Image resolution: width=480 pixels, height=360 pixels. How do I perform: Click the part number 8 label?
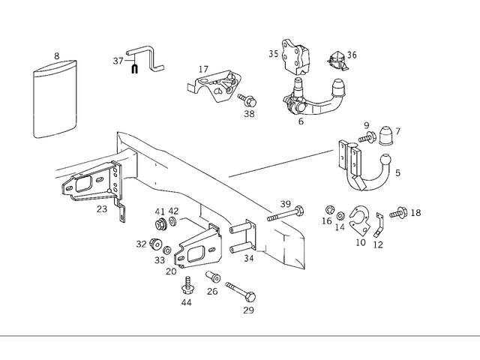(x=56, y=56)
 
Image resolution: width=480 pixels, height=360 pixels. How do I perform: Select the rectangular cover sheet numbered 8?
(x=56, y=101)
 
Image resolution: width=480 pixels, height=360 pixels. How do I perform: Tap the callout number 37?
(x=118, y=61)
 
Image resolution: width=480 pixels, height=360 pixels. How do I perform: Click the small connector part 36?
(x=337, y=57)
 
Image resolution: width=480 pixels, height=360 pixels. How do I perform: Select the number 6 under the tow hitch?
(x=301, y=121)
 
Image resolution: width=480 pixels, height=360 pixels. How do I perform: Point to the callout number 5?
(x=397, y=173)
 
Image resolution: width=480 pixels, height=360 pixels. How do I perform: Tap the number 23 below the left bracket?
(x=102, y=210)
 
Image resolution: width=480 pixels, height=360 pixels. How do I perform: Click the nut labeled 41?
(x=160, y=224)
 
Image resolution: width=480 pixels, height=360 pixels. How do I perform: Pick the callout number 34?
(x=250, y=259)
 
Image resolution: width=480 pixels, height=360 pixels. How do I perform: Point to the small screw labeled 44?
(x=186, y=285)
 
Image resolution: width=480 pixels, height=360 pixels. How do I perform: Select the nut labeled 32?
(x=155, y=244)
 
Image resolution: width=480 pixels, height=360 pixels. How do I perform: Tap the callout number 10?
(x=360, y=242)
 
